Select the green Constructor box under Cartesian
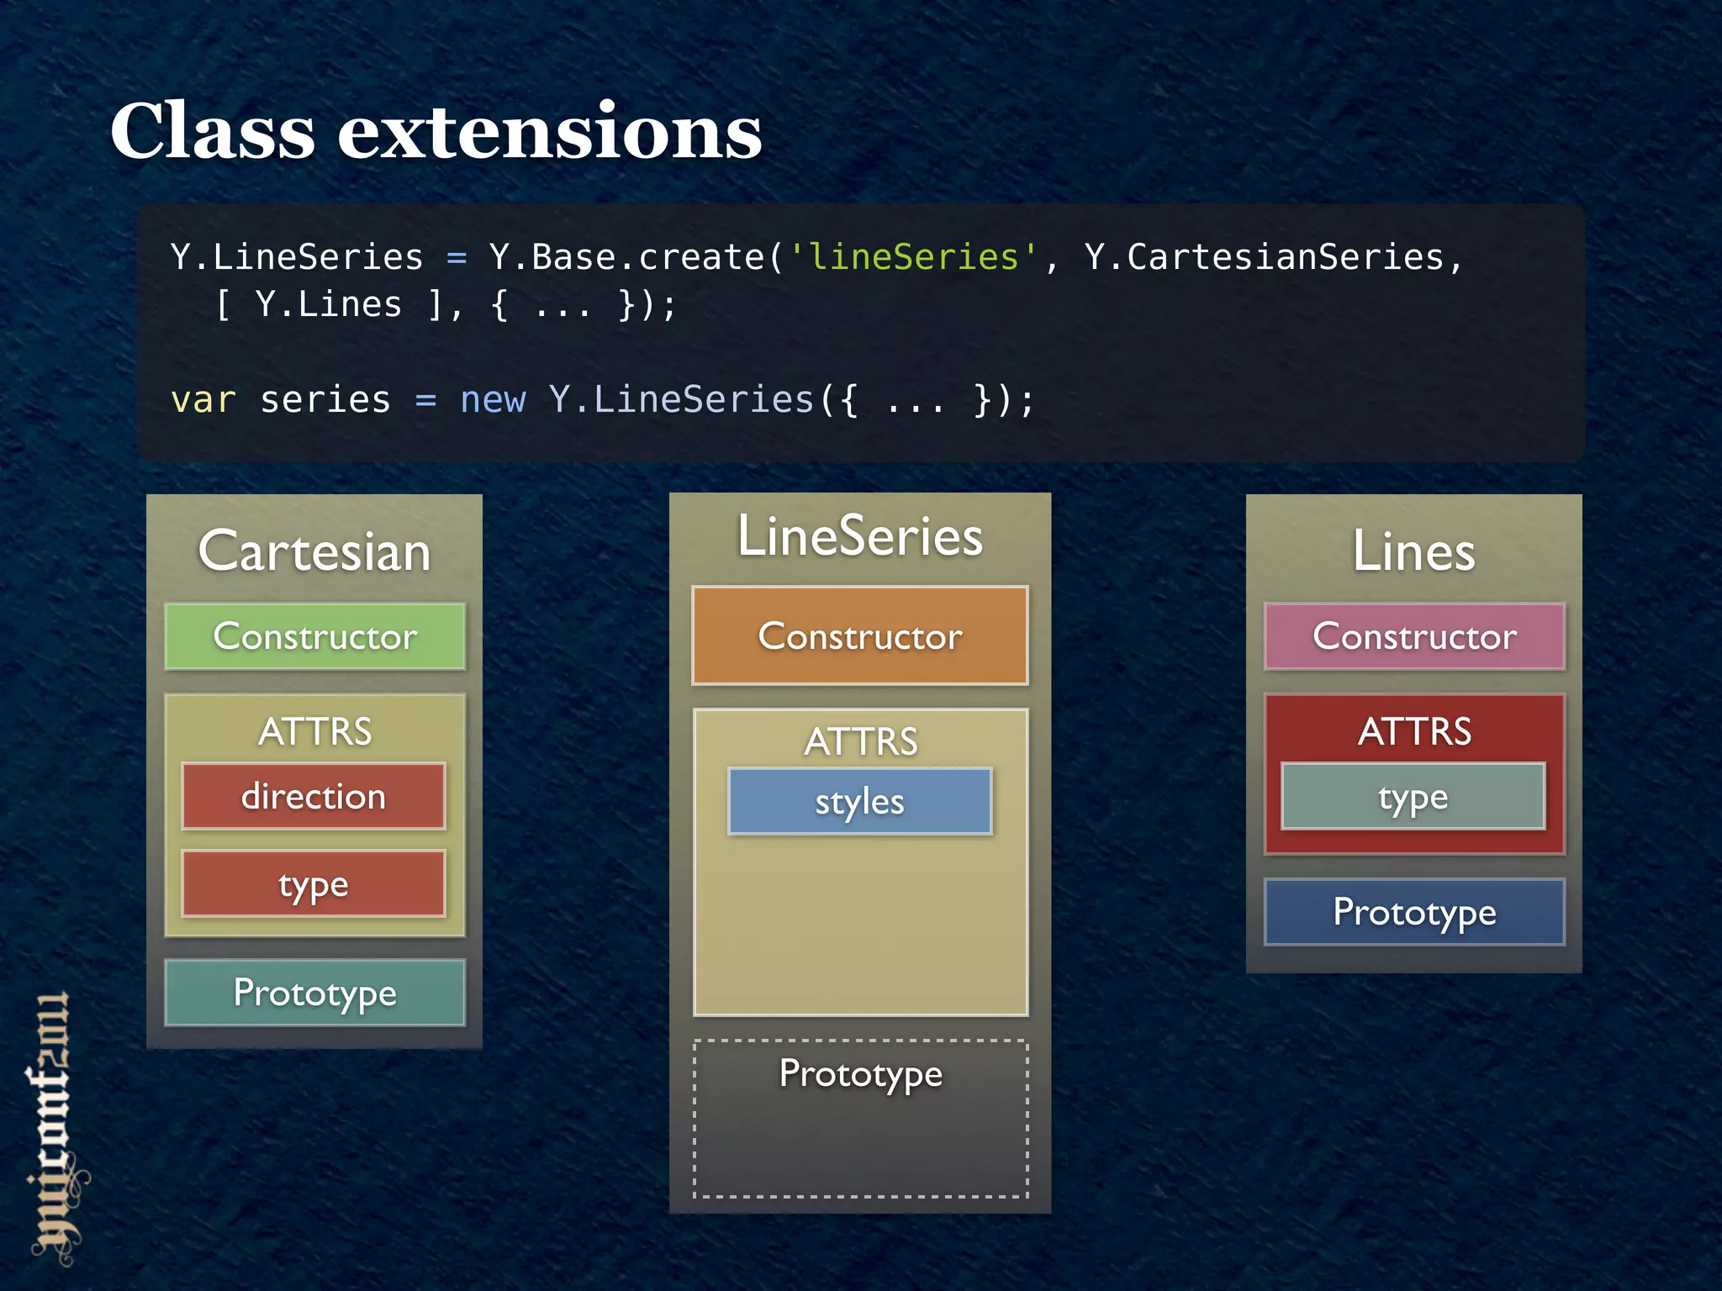tap(314, 636)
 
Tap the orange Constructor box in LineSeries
tap(859, 636)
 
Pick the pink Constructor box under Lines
tap(1414, 636)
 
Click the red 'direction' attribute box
tap(314, 796)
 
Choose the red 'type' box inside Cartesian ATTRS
tap(314, 884)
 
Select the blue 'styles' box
tap(859, 801)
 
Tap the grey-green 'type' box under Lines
tap(1413, 797)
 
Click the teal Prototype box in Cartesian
tap(314, 993)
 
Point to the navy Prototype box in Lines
tap(1414, 912)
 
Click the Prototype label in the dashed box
tap(860, 1073)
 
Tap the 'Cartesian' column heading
tap(314, 551)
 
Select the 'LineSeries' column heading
tap(859, 536)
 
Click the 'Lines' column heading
tap(1413, 551)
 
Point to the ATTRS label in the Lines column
tap(1414, 731)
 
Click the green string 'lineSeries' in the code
tap(912, 257)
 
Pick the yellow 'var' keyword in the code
tap(203, 400)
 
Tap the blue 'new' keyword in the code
tap(493, 400)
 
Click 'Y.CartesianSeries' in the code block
tap(1264, 257)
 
